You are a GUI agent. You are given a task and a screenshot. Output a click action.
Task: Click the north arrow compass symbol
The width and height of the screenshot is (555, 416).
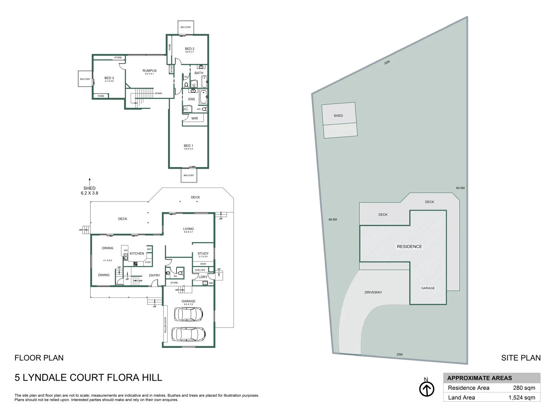click(x=426, y=389)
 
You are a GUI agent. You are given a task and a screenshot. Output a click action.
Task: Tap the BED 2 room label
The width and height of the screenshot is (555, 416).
click(x=189, y=49)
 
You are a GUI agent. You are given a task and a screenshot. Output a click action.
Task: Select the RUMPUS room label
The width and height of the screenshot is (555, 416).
click(x=150, y=70)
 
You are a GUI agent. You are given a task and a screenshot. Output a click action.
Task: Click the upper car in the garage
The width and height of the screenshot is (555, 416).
click(x=188, y=314)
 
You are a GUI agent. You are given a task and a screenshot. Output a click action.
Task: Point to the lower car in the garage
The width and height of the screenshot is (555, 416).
click(x=188, y=334)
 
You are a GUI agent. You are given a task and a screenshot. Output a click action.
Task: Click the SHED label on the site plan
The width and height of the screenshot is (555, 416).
click(x=338, y=116)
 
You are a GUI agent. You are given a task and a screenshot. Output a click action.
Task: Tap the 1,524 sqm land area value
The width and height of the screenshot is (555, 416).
click(x=521, y=398)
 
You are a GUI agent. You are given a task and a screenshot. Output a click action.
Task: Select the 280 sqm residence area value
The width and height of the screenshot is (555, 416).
click(x=524, y=388)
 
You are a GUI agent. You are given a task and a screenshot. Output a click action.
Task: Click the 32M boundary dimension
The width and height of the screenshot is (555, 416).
click(x=387, y=62)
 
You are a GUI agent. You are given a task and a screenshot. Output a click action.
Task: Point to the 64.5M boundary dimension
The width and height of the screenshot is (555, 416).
click(x=460, y=188)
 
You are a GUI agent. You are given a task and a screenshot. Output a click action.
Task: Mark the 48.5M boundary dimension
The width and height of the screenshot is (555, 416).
click(x=333, y=220)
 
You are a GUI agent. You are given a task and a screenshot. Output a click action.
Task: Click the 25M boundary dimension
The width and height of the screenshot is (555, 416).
click(x=399, y=354)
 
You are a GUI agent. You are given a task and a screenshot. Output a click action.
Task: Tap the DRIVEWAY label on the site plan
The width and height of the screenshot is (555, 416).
click(x=373, y=292)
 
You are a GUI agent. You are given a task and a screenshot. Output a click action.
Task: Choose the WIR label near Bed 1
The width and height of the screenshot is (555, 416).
click(x=195, y=118)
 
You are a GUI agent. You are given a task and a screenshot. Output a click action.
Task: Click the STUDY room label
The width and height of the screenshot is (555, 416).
click(x=203, y=253)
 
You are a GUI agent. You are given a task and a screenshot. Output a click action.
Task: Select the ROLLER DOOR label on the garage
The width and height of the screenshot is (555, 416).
click(x=165, y=325)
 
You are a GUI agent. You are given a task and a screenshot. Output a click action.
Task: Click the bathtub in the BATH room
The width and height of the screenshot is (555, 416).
click(x=204, y=81)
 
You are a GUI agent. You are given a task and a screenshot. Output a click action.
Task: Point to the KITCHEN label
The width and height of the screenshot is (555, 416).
click(x=137, y=253)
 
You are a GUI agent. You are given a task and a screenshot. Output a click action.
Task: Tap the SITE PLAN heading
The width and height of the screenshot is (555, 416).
click(x=521, y=358)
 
